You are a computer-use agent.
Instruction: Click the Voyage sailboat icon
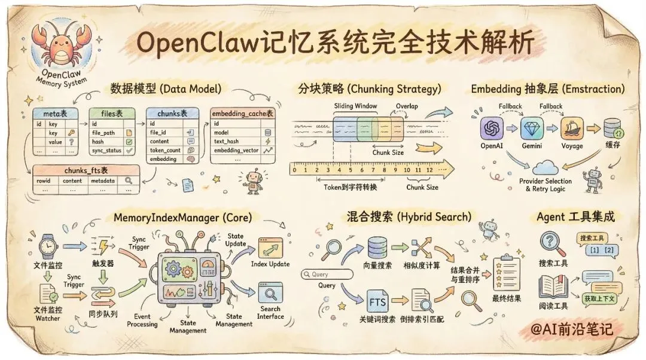571,129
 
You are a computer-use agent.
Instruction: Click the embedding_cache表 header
242,113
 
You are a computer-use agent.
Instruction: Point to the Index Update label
270,264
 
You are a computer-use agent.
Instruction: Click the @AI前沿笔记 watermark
578,330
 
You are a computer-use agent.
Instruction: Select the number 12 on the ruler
428,170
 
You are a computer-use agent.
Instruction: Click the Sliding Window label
355,106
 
